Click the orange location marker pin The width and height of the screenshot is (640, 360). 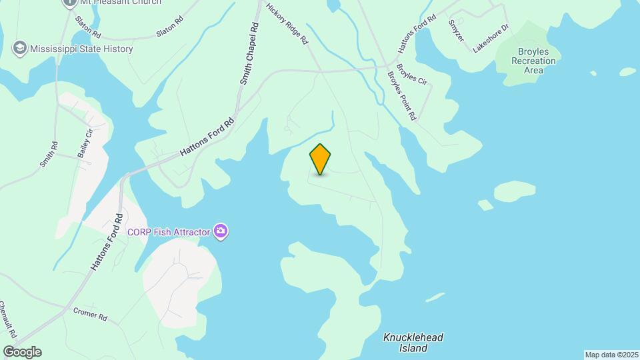[320, 159]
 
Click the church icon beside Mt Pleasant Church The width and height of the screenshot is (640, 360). [69, 2]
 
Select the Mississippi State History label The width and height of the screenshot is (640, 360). [82, 49]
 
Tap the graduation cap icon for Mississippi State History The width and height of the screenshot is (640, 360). [20, 48]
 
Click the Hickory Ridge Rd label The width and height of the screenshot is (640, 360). [287, 23]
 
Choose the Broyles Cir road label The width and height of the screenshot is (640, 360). [411, 73]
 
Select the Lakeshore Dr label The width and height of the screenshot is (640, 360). [491, 38]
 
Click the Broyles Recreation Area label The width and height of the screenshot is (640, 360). [533, 61]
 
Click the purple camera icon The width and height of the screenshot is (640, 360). [221, 232]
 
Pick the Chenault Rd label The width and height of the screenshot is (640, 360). [8, 319]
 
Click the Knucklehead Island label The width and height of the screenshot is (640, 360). [413, 343]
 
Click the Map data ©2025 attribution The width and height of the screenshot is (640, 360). [611, 355]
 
